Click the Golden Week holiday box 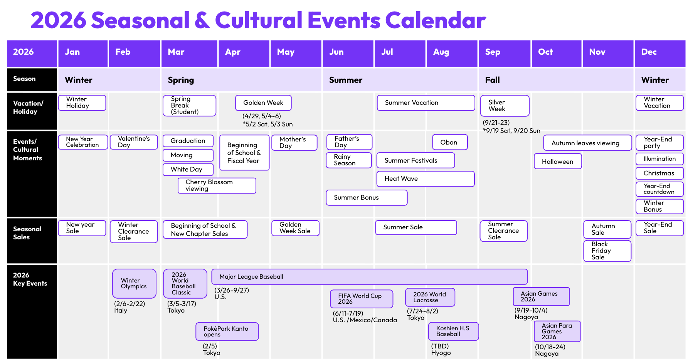point(263,103)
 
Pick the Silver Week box point(505,106)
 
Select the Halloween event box point(558,161)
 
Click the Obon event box point(450,142)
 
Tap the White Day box point(188,170)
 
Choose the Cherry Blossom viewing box point(217,185)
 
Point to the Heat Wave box point(426,179)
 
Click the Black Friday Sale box point(607,251)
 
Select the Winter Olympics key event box point(134,284)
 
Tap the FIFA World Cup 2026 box point(362,299)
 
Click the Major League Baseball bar point(369,277)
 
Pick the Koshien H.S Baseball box point(453,331)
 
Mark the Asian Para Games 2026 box point(557,331)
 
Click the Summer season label point(346,80)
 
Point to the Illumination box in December point(659,159)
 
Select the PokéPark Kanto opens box point(227,331)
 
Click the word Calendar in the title point(436,20)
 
